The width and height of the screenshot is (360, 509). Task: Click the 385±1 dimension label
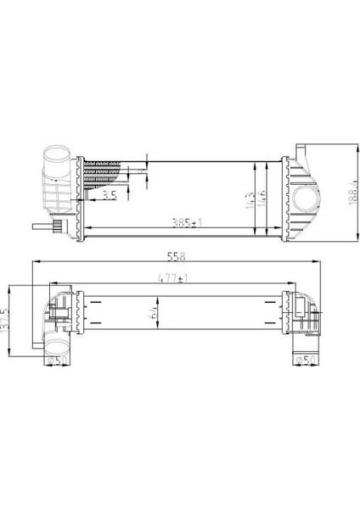[x=183, y=224]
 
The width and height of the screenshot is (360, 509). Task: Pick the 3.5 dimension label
[x=109, y=196]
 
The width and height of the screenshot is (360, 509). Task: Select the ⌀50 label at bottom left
[x=57, y=359]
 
